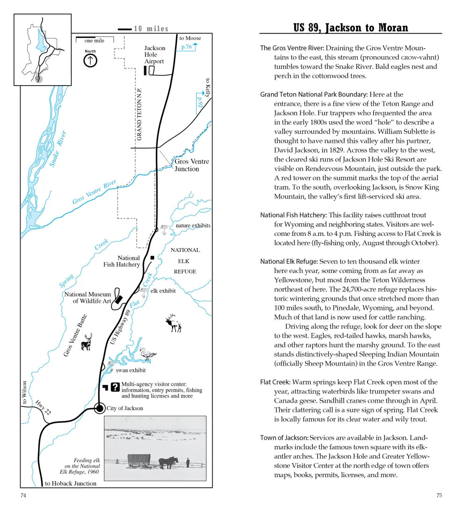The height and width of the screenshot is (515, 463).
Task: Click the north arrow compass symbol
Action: tap(90, 60)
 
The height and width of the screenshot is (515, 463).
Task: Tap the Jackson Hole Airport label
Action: tap(154, 55)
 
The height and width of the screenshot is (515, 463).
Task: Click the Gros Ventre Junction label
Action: tap(191, 165)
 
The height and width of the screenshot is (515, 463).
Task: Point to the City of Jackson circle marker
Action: tap(99, 408)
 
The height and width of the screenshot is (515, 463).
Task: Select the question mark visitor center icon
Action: tap(115, 387)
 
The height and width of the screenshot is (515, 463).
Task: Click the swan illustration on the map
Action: tap(148, 353)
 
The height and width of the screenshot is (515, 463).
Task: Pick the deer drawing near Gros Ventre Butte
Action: tap(87, 342)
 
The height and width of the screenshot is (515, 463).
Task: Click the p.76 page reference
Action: tap(186, 47)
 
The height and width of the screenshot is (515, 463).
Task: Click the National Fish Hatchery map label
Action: tap(122, 261)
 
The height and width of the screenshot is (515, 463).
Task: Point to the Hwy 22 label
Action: tap(43, 407)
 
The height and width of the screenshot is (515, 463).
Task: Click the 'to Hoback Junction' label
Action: tap(71, 483)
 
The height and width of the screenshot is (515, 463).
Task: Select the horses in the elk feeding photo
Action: tap(168, 463)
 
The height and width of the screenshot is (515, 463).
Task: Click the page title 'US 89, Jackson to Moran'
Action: tap(351, 28)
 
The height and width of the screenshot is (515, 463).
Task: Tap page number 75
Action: tap(439, 495)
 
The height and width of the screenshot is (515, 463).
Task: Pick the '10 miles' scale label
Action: tap(151, 29)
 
